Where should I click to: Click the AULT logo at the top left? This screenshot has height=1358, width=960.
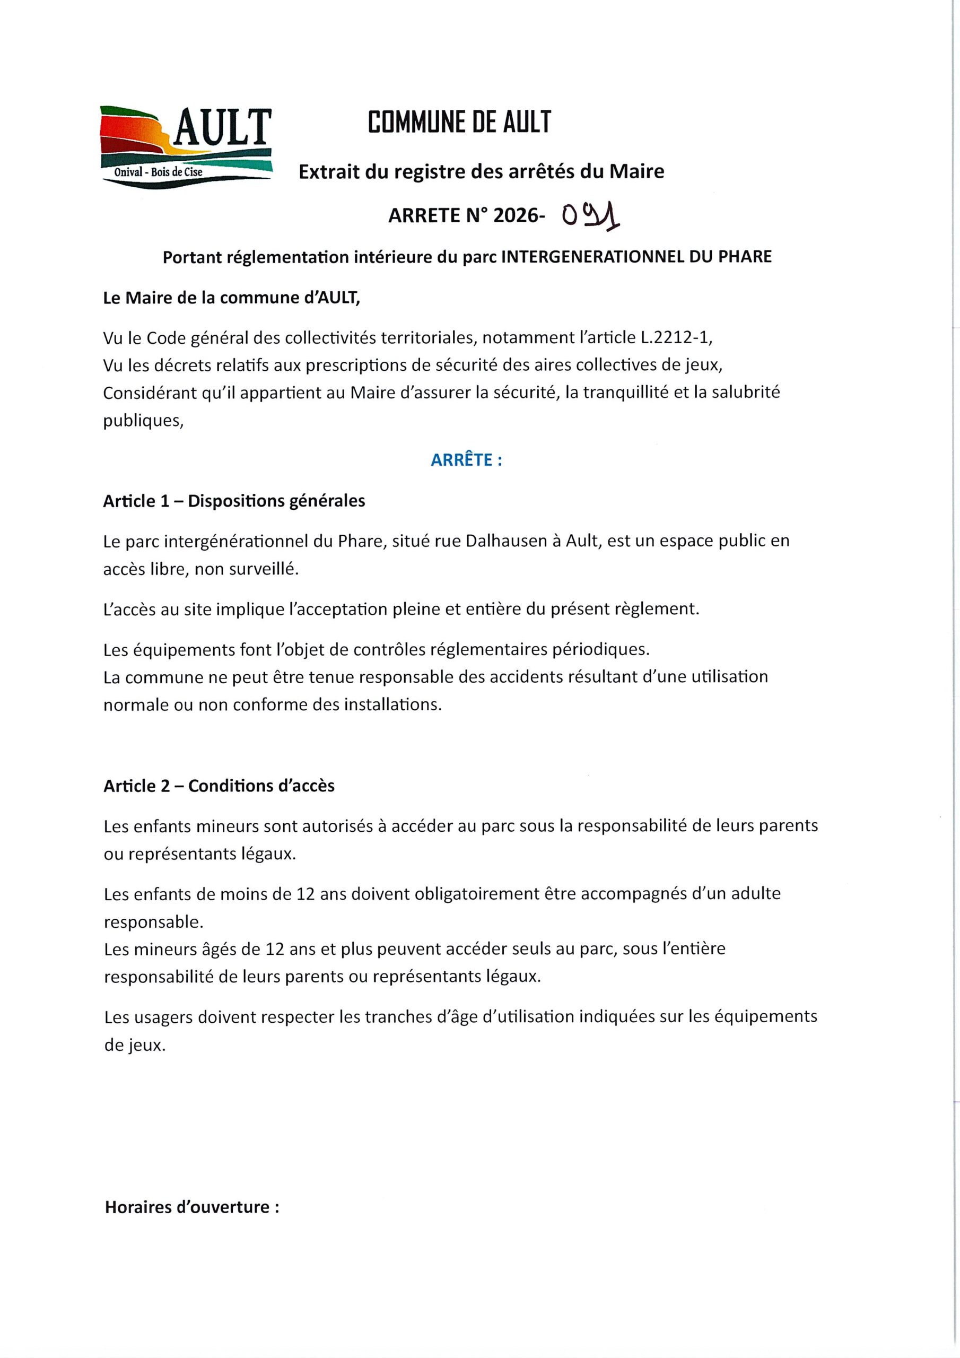[186, 147]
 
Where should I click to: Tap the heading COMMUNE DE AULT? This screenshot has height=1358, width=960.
[459, 122]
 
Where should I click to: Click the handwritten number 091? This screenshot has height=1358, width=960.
[590, 216]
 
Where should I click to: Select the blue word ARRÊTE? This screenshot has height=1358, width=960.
[466, 460]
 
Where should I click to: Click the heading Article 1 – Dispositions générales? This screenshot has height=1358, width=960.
[234, 501]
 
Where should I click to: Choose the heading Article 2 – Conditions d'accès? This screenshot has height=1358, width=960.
[219, 786]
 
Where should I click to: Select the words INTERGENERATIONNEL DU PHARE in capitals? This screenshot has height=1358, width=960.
[636, 257]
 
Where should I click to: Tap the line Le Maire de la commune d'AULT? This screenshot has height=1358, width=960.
[231, 298]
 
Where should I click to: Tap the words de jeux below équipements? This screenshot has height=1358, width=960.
[135, 1045]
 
